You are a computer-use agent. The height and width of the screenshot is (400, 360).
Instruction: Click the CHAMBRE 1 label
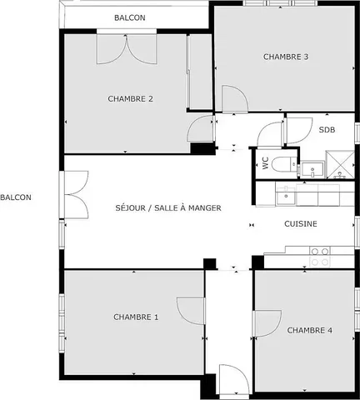[136, 317]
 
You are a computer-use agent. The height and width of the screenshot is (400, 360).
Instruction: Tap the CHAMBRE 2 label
[130, 98]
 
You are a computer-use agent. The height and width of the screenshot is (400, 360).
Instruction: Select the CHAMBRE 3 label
[286, 57]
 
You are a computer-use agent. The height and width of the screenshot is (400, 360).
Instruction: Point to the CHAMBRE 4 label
[310, 330]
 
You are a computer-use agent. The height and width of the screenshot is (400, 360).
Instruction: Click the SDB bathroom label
[327, 130]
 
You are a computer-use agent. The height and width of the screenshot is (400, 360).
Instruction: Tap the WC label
[266, 163]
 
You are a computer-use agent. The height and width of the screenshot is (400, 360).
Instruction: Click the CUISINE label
[301, 223]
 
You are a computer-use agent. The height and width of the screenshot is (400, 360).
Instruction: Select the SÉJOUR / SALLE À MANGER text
[168, 207]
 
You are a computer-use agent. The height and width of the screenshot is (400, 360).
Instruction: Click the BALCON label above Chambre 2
[130, 17]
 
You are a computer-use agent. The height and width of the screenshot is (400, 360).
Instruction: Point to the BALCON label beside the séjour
[16, 197]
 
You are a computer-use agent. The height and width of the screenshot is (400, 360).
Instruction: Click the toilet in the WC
[283, 164]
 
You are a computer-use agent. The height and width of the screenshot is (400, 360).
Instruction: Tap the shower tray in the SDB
[340, 164]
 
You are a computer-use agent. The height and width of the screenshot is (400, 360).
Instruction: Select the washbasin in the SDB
[312, 169]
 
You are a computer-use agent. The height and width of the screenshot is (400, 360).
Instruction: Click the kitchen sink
[286, 195]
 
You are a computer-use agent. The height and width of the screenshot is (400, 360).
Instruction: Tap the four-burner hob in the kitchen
[319, 257]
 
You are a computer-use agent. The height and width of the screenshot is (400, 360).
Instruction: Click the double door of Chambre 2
[127, 49]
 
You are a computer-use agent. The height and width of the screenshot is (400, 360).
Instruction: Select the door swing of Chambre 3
[235, 99]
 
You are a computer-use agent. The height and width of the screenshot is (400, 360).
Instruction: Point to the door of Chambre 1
[191, 311]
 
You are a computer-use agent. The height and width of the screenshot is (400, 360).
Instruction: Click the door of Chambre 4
[267, 324]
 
